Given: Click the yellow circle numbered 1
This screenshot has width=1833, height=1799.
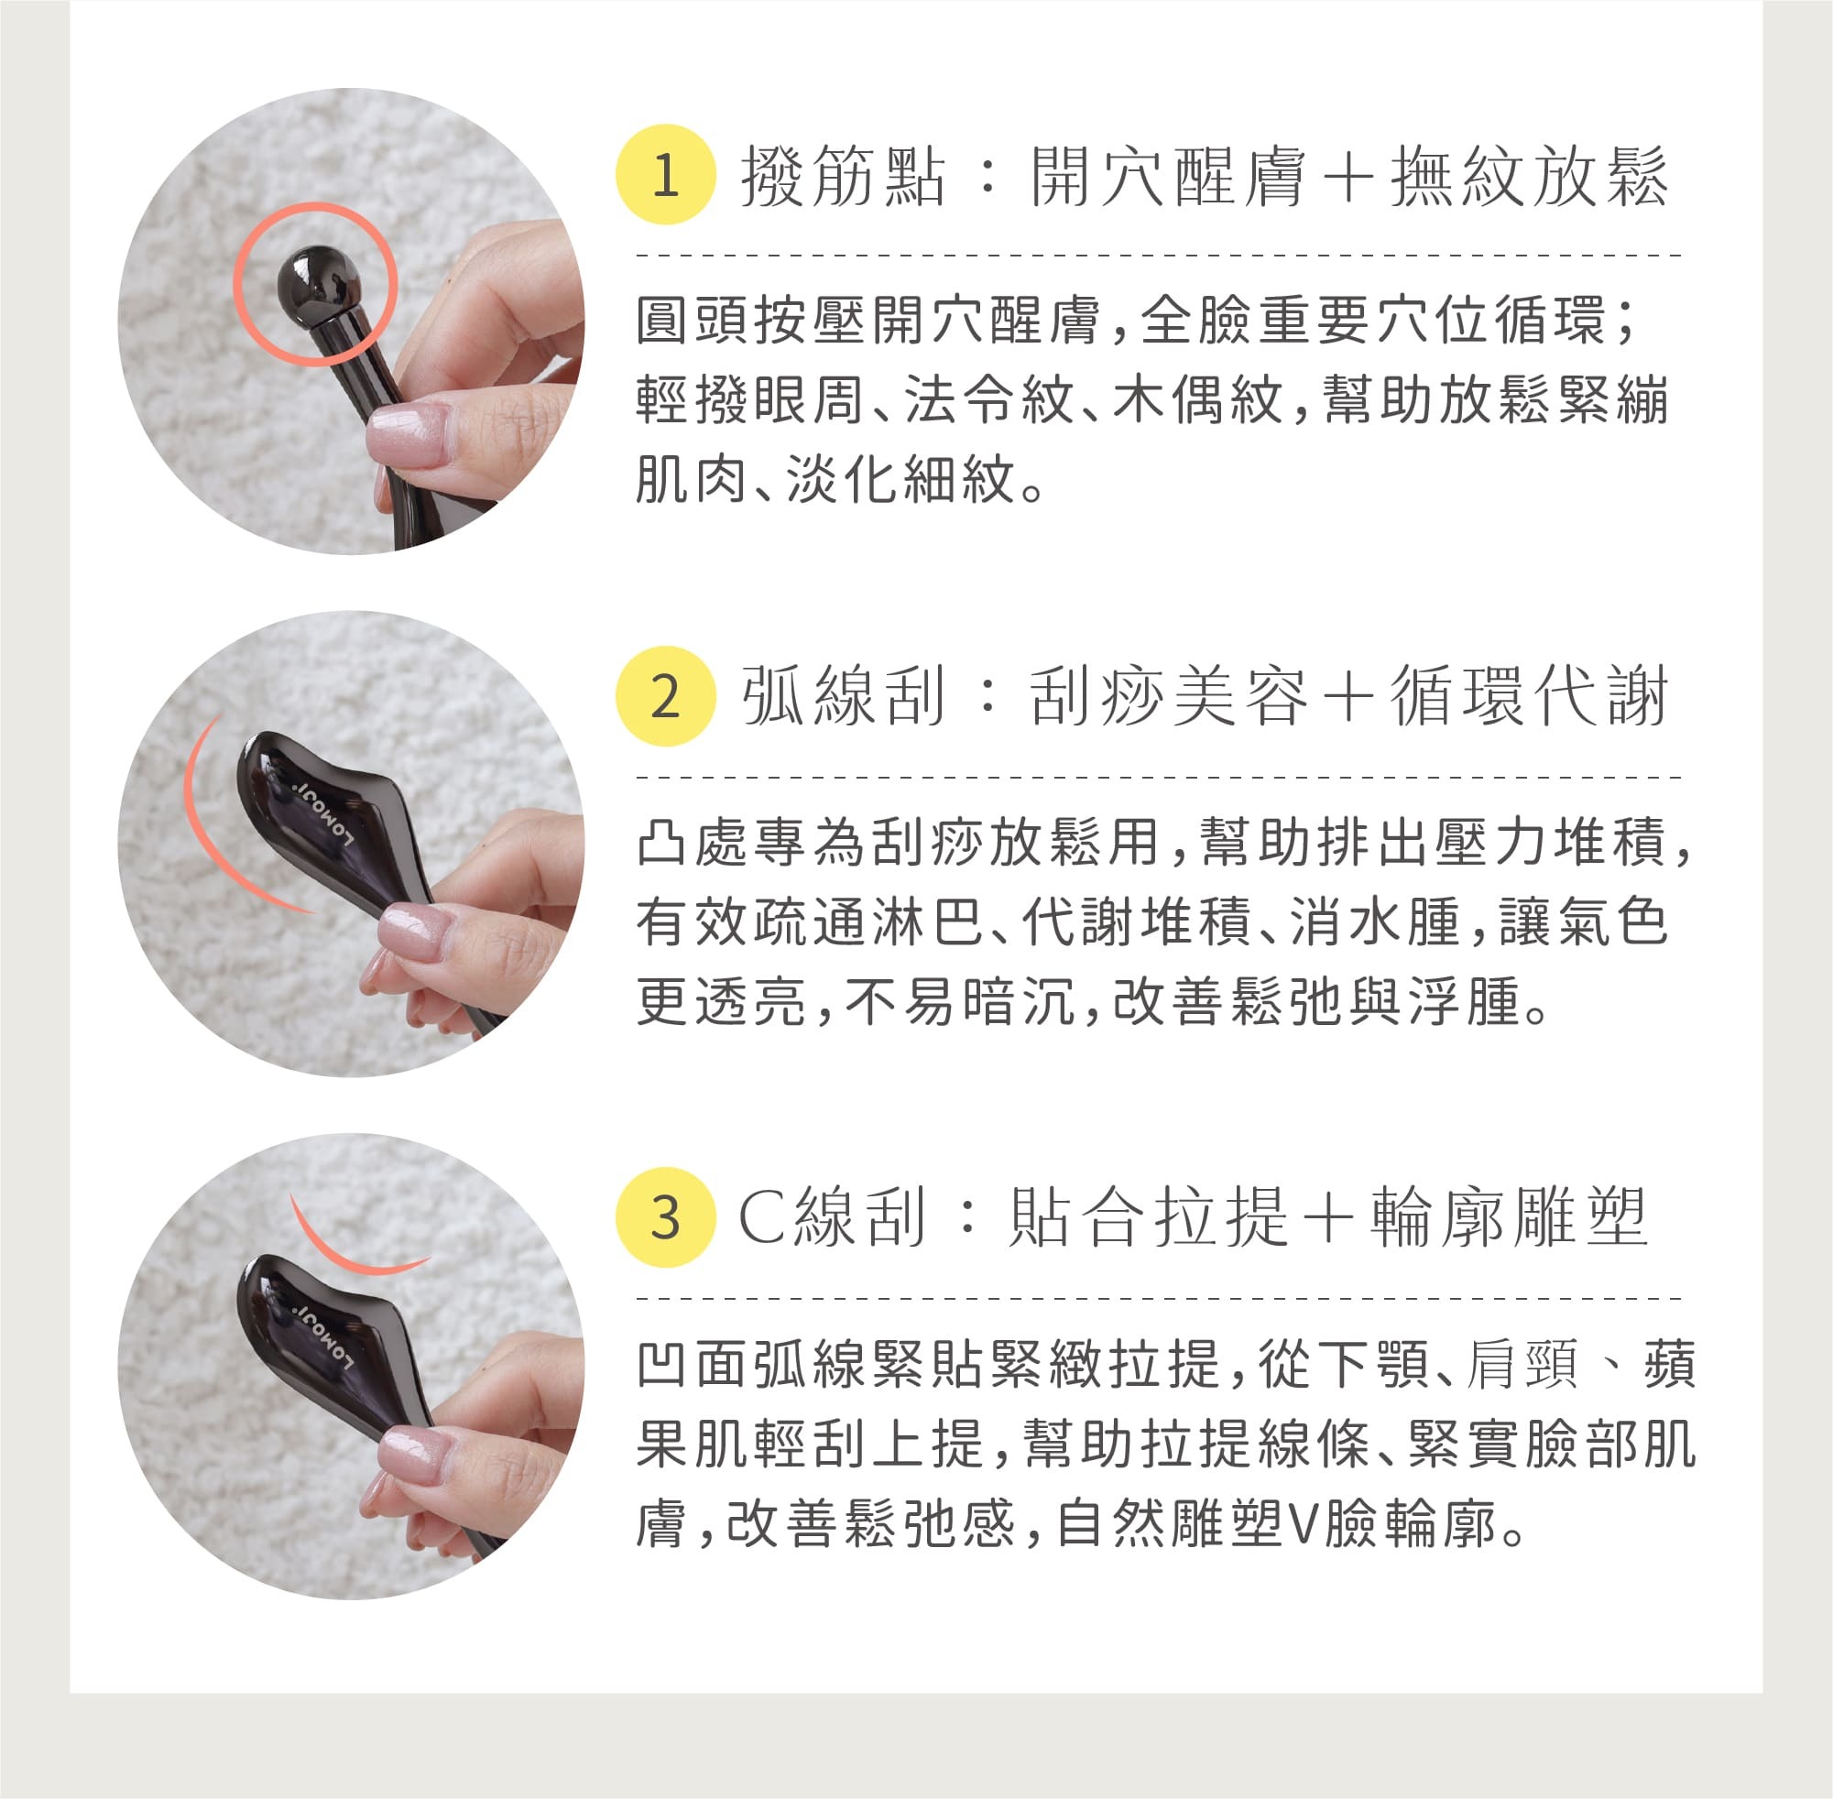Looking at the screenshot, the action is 665,175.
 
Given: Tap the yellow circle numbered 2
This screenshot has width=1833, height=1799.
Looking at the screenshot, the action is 665,696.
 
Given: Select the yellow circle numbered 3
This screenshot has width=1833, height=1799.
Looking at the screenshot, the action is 665,1218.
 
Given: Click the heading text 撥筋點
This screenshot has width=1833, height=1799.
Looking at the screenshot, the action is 843,176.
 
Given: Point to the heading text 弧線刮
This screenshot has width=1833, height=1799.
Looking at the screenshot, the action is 843,697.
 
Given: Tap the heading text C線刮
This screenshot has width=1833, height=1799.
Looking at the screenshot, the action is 832,1218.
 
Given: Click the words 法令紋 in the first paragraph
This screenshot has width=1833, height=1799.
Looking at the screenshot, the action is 989,399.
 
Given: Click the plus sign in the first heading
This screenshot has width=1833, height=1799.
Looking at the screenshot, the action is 1348,177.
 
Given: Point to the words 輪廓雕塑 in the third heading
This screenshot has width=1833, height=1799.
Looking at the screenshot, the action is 1510,1218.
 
